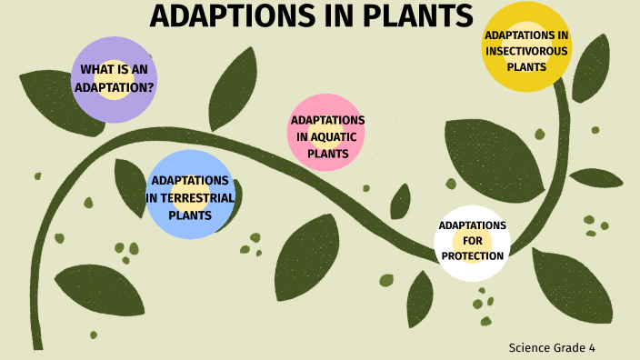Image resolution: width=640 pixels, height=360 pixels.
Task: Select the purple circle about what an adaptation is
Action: click(x=114, y=79)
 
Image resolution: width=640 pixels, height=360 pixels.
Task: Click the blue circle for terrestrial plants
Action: click(x=190, y=194)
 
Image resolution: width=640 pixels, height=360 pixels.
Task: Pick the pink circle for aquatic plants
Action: click(x=327, y=133)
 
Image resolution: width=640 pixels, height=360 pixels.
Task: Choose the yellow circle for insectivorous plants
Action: click(x=526, y=47)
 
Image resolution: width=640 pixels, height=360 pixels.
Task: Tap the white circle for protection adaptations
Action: click(x=472, y=242)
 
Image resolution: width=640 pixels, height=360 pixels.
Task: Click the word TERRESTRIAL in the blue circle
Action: click(x=190, y=197)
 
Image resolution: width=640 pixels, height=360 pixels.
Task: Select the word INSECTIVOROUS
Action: click(x=526, y=51)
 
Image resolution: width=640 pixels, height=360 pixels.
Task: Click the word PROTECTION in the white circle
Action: click(x=472, y=256)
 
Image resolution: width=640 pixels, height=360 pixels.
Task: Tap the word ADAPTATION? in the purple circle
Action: click(x=114, y=86)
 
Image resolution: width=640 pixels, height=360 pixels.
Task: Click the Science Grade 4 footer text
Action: click(x=552, y=347)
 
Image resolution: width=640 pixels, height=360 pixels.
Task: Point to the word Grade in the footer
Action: click(x=570, y=347)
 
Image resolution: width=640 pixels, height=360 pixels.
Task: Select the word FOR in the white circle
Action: click(x=472, y=241)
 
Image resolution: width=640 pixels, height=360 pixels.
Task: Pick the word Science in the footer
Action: click(x=529, y=347)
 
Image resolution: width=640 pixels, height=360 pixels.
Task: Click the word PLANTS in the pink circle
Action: click(x=327, y=154)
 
